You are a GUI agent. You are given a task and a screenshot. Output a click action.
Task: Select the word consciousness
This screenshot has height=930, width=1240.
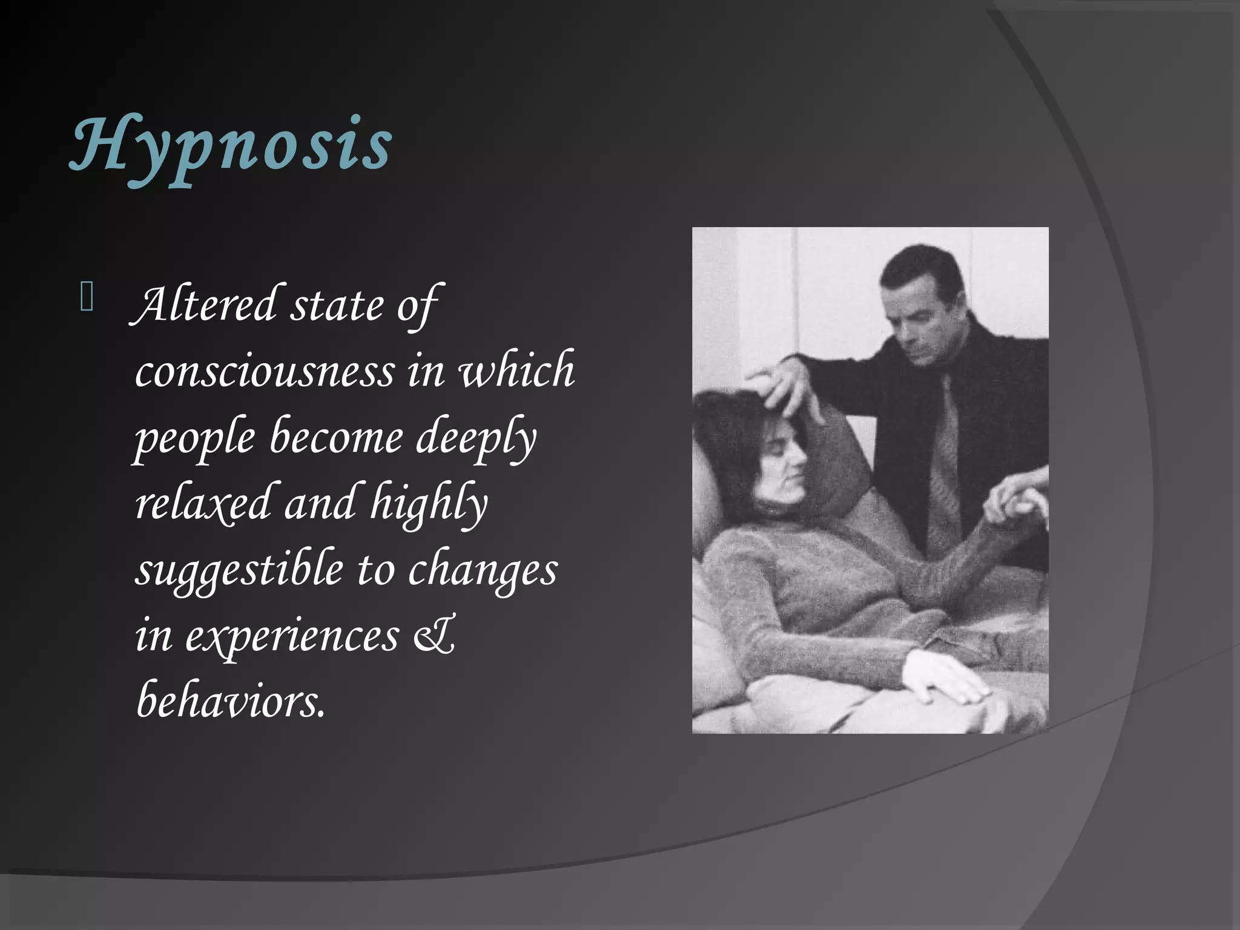(265, 371)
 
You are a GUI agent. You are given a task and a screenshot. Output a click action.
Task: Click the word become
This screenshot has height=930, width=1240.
(336, 437)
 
